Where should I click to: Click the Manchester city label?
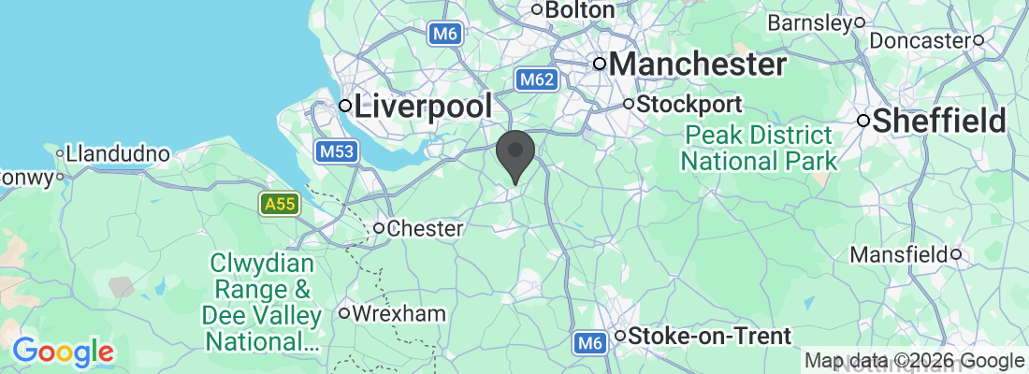point(697,65)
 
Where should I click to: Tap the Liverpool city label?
point(422,106)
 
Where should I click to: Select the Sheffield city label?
point(940,121)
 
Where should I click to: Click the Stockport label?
point(689,104)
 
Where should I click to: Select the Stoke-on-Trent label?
point(711,336)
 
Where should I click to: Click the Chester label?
point(425,228)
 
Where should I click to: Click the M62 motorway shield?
point(537,80)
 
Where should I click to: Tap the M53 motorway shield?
point(335,151)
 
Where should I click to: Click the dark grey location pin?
point(516,155)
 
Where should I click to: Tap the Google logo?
point(64,352)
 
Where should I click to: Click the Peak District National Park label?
point(759,147)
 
